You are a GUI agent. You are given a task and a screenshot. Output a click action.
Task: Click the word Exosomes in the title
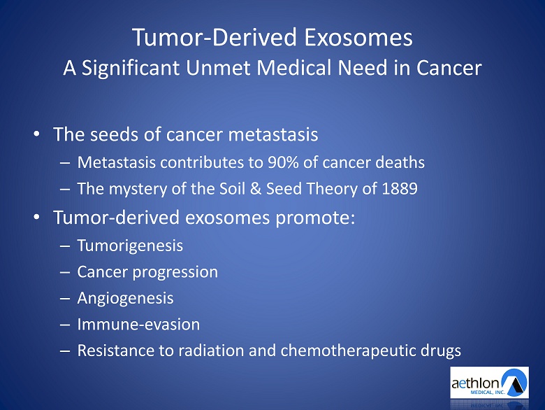(358, 38)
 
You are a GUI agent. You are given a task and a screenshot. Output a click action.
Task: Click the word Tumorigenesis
(130, 246)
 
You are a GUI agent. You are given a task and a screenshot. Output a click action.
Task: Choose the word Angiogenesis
(125, 298)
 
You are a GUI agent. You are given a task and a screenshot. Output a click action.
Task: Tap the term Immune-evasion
(138, 325)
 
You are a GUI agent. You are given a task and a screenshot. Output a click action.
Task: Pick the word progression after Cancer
(175, 272)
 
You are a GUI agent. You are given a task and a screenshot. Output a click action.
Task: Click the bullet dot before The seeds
(36, 134)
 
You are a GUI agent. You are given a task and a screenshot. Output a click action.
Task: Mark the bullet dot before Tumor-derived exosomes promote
(36, 217)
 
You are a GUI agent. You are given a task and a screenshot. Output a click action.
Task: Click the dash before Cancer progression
(65, 272)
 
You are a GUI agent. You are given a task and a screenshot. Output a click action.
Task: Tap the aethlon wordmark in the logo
(476, 383)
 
